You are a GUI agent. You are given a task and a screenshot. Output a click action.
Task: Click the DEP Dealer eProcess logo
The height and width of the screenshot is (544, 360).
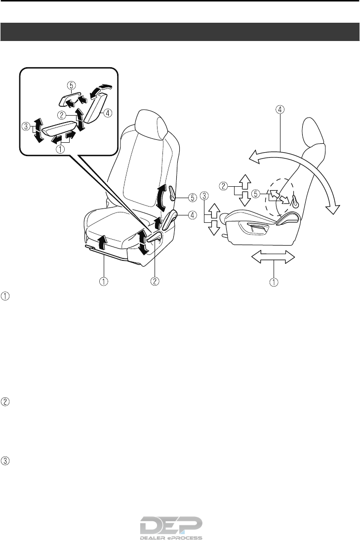[x=171, y=528]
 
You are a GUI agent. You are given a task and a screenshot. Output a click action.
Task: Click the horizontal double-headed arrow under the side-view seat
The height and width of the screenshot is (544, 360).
[x=273, y=256]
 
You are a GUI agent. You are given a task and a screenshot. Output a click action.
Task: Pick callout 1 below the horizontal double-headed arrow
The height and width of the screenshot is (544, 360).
[x=273, y=283]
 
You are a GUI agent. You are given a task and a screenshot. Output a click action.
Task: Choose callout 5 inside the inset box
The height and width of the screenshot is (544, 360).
[x=72, y=85]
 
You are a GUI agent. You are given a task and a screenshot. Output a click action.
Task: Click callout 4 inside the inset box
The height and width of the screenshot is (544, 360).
[x=108, y=112]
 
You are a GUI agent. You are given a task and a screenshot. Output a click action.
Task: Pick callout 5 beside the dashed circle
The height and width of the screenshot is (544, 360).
[x=255, y=194]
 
